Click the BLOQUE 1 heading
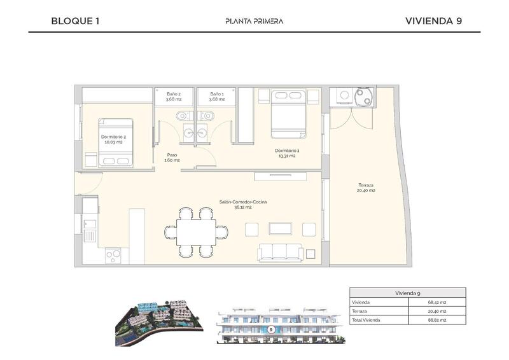(75, 21)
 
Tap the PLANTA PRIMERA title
(254, 21)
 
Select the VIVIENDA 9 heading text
(433, 21)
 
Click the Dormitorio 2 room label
(113, 139)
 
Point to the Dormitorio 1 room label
(287, 153)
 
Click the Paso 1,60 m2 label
(172, 157)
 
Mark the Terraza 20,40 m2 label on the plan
(366, 188)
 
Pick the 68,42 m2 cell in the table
(437, 302)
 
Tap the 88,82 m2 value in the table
(437, 320)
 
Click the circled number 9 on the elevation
(272, 329)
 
